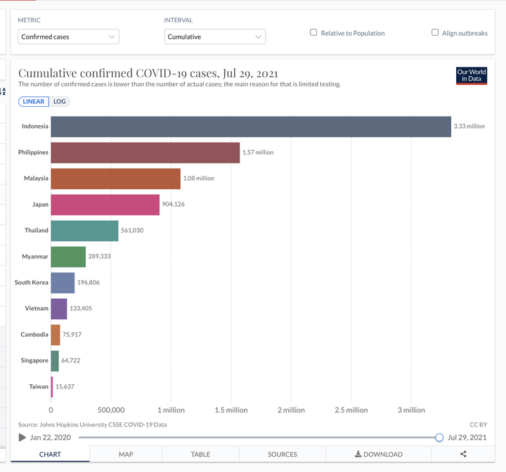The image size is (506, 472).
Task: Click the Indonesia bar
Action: (x=251, y=126)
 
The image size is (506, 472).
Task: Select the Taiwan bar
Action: (x=52, y=387)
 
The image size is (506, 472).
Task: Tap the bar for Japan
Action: (x=105, y=204)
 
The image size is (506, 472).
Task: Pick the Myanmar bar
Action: (x=68, y=257)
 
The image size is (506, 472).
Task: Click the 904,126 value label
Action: (x=174, y=204)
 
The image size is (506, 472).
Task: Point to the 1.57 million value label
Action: (x=258, y=152)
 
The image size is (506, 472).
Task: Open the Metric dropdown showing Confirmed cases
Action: (x=68, y=37)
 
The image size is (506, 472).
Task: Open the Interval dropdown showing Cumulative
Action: (x=215, y=37)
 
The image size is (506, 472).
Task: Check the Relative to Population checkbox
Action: (x=313, y=32)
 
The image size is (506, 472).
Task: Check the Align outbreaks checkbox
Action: (x=435, y=32)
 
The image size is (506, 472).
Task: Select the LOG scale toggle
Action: (x=59, y=102)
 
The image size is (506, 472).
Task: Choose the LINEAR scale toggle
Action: (x=34, y=102)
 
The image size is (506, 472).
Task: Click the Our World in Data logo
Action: (x=472, y=76)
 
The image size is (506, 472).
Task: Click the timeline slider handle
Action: (x=439, y=438)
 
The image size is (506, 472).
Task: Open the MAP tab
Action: (x=126, y=454)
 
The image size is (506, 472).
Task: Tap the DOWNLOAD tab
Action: (x=379, y=454)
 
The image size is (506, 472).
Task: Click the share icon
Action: (x=463, y=454)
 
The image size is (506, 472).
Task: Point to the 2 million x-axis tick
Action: (x=291, y=410)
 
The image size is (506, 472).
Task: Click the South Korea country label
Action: (x=32, y=282)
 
